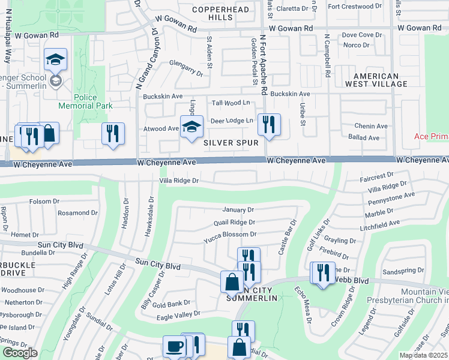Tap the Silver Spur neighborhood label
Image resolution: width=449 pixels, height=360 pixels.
231,143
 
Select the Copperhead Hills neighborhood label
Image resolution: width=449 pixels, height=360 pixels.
212,13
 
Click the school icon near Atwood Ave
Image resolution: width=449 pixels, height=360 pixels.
191,127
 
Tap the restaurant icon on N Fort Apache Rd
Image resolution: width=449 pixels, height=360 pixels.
268,125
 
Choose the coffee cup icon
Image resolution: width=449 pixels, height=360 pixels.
174,346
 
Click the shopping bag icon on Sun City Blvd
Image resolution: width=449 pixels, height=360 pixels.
232,281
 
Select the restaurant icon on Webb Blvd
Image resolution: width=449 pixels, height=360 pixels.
323,273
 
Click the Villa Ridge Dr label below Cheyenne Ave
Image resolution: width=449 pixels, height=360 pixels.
178,181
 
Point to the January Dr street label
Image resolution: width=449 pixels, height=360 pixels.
238,210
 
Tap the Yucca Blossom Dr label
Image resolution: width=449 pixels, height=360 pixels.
231,235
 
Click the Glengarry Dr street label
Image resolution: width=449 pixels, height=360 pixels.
187,70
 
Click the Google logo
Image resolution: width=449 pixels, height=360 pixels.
20,353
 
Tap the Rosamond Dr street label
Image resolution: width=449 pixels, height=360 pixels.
77,213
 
